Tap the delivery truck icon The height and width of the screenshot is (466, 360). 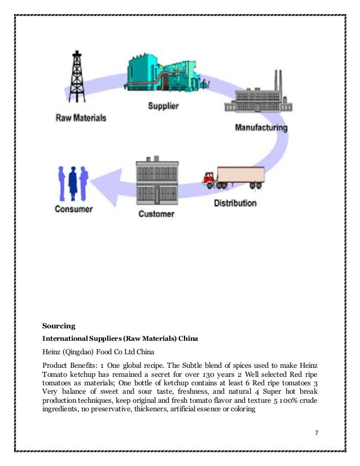[x=234, y=177]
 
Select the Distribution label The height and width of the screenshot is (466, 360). [x=235, y=203]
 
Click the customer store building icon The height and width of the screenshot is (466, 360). [x=157, y=183]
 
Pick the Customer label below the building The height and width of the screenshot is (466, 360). [x=156, y=214]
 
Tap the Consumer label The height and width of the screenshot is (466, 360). [x=73, y=209]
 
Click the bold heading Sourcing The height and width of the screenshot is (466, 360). [x=58, y=326]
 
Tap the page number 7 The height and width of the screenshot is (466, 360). [x=317, y=432]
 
